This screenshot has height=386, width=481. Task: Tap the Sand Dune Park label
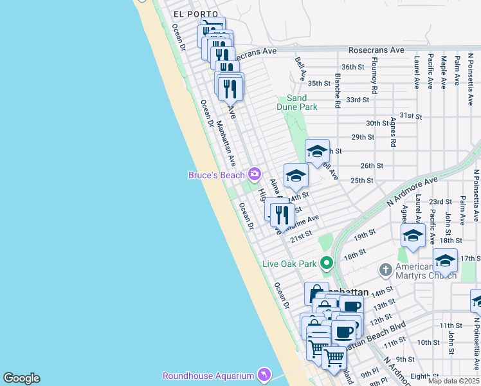tap(297, 102)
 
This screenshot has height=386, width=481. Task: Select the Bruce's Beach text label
tap(216, 175)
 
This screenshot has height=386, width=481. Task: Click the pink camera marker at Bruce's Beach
tap(255, 174)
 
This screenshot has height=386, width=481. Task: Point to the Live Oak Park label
tap(289, 264)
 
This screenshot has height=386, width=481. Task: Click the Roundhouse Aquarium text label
tap(208, 376)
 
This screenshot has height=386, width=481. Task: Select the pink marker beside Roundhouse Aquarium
tap(263, 374)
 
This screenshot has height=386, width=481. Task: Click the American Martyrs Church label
tap(422, 271)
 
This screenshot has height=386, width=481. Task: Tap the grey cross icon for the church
tap(385, 270)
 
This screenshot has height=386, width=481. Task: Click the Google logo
tap(21, 378)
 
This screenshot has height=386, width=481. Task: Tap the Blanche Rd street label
tap(337, 90)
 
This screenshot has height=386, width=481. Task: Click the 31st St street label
tap(410, 116)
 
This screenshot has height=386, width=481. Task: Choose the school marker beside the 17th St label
tap(445, 261)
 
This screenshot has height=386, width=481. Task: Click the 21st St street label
tap(300, 237)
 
